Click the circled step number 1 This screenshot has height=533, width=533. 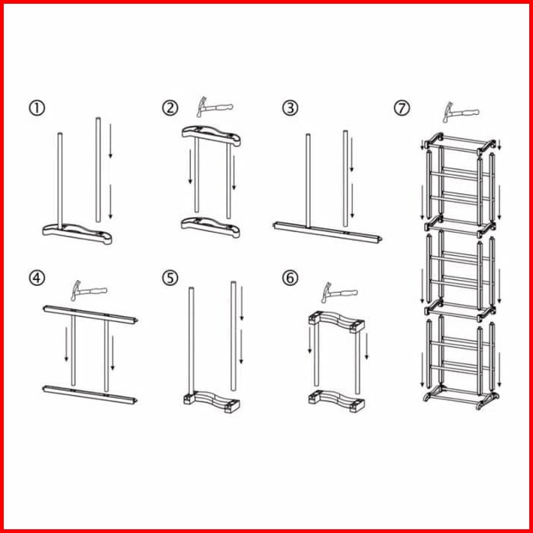pyautogui.click(x=37, y=108)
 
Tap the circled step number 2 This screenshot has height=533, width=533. pyautogui.click(x=170, y=108)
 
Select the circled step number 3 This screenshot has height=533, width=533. pyautogui.click(x=290, y=108)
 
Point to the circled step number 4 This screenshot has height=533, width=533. pyautogui.click(x=37, y=278)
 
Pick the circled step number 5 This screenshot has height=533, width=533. pyautogui.click(x=170, y=278)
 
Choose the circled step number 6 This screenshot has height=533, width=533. pyautogui.click(x=290, y=278)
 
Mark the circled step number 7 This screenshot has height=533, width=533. pyautogui.click(x=402, y=108)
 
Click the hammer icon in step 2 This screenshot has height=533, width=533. pyautogui.click(x=214, y=107)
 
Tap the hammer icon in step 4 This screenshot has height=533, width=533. pyautogui.click(x=89, y=291)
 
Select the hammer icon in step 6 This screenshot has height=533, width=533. pyautogui.click(x=339, y=293)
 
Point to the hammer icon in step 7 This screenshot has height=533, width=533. pyautogui.click(x=461, y=112)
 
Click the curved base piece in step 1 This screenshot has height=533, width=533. pyautogui.click(x=77, y=234)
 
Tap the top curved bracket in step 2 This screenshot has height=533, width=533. pyautogui.click(x=211, y=136)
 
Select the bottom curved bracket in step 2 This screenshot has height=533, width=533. pyautogui.click(x=211, y=227)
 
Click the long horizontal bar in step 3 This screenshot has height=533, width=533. pyautogui.click(x=327, y=232)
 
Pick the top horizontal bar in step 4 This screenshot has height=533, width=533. pyautogui.click(x=90, y=315)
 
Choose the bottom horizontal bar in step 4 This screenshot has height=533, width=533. pyautogui.click(x=90, y=395)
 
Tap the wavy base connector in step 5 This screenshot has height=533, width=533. pyautogui.click(x=212, y=402)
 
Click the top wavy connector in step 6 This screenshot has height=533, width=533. pyautogui.click(x=336, y=321)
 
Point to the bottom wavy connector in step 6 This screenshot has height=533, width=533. pyautogui.click(x=336, y=402)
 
